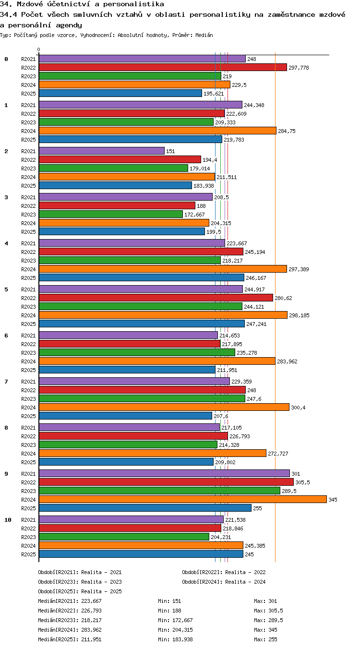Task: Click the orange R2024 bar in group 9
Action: click(x=183, y=499)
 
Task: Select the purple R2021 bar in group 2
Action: click(x=102, y=151)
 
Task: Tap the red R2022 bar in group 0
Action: click(x=163, y=67)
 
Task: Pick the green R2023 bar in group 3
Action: click(x=111, y=214)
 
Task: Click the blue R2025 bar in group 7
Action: click(x=126, y=416)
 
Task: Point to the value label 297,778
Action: click(x=299, y=68)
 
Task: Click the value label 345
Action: click(x=333, y=500)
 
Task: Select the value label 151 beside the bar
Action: click(x=170, y=151)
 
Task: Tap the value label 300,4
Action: click(x=298, y=408)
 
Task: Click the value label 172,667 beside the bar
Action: click(x=194, y=215)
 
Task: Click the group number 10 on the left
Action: click(x=8, y=519)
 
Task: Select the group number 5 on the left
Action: click(x=6, y=289)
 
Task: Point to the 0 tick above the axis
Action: click(x=39, y=49)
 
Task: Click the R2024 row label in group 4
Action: click(x=28, y=269)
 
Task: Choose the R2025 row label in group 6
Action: click(x=28, y=370)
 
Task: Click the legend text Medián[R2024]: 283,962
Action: click(x=70, y=629)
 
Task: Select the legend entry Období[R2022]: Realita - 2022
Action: click(x=224, y=572)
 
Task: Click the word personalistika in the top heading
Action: click(x=134, y=4)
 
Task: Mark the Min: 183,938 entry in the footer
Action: click(x=175, y=639)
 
